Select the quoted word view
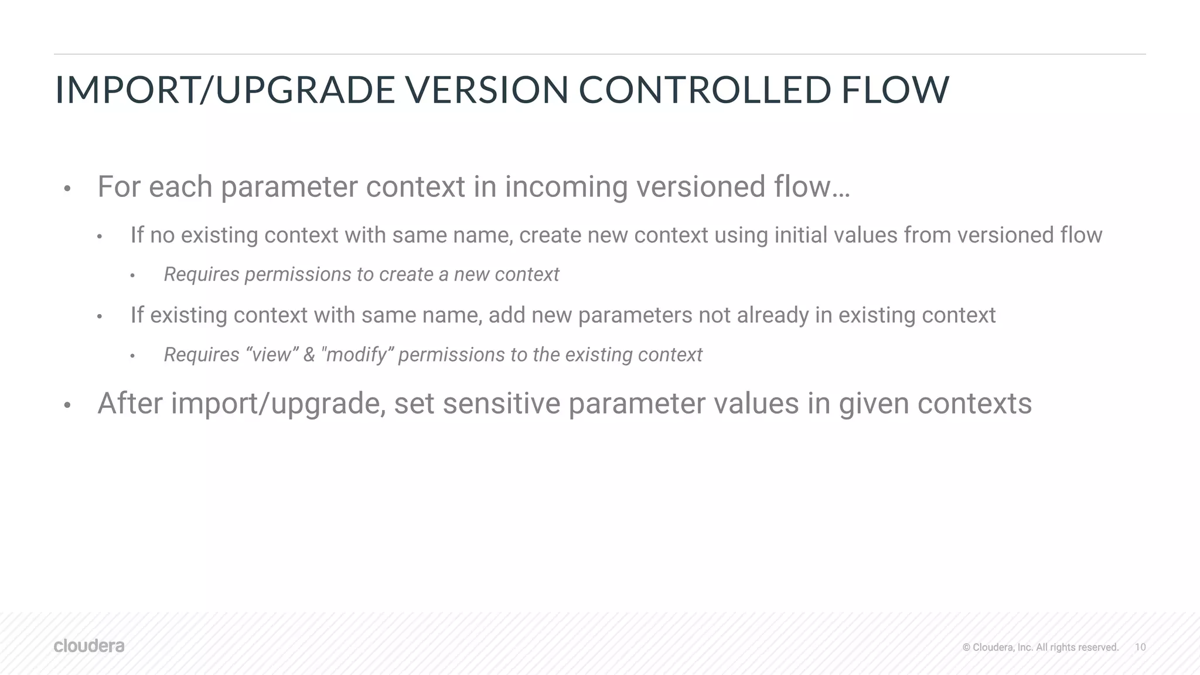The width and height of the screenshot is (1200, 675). [271, 354]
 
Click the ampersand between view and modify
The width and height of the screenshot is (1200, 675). [309, 354]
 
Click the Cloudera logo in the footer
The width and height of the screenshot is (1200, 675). [89, 646]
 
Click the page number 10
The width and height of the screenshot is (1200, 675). [1140, 647]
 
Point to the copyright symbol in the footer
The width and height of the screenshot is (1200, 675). [966, 647]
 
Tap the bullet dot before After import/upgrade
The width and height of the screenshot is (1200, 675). [67, 405]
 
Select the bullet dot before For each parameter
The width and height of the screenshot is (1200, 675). [67, 189]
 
